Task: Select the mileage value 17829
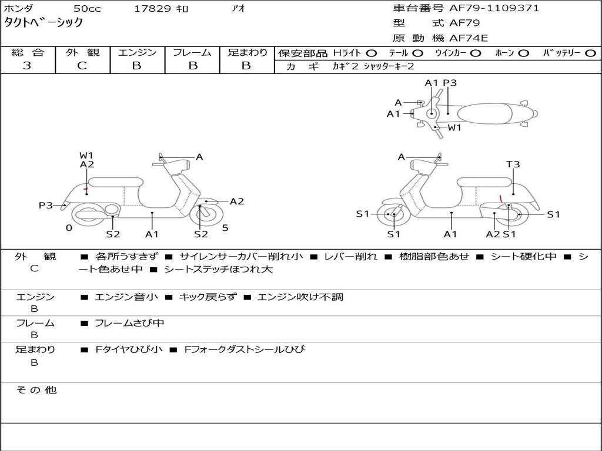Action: (153, 9)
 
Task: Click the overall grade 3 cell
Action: (27, 66)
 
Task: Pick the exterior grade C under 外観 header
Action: (82, 66)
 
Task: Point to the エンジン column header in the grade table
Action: (137, 53)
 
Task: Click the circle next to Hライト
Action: (371, 53)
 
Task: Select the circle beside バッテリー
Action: (590, 53)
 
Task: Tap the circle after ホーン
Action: (523, 53)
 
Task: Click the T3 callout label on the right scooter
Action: (513, 165)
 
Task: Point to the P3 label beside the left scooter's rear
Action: (46, 206)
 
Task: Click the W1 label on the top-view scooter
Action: (454, 127)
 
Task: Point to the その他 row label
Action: (36, 390)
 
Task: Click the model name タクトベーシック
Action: (44, 23)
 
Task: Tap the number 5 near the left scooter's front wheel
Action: (225, 228)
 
